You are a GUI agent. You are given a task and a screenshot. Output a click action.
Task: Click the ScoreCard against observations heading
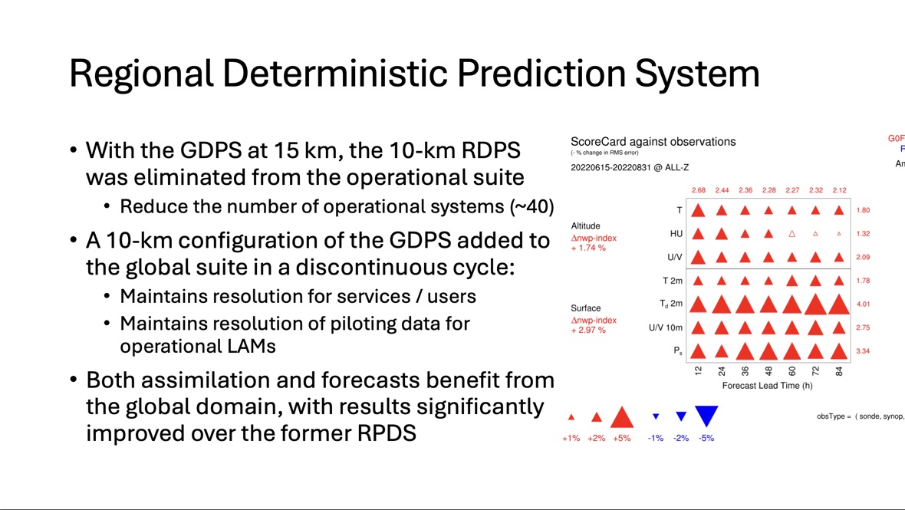click(x=653, y=142)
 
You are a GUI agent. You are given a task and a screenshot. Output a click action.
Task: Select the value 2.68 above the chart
click(x=698, y=190)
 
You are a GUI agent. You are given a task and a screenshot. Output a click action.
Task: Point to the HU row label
click(x=676, y=234)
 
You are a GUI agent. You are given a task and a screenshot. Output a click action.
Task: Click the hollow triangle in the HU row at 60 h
click(x=792, y=234)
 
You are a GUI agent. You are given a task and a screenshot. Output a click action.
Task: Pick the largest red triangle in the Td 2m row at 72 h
click(x=815, y=304)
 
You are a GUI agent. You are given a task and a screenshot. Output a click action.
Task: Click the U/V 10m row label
click(x=665, y=328)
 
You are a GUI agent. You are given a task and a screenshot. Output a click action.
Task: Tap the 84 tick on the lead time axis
click(x=839, y=371)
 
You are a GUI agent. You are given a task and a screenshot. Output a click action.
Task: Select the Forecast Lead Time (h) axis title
click(x=768, y=385)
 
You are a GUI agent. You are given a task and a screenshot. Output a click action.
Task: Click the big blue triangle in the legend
click(x=706, y=416)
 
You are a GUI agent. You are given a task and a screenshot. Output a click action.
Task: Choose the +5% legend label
click(x=621, y=439)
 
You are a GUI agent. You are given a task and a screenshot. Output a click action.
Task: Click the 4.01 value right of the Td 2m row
click(x=864, y=304)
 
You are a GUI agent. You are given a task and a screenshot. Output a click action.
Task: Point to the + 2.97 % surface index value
click(x=588, y=331)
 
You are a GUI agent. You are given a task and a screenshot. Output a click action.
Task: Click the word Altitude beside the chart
click(x=586, y=226)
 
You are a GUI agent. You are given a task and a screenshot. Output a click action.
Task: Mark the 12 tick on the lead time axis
click(x=698, y=371)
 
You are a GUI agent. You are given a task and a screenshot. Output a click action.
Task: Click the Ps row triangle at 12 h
click(x=698, y=351)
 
